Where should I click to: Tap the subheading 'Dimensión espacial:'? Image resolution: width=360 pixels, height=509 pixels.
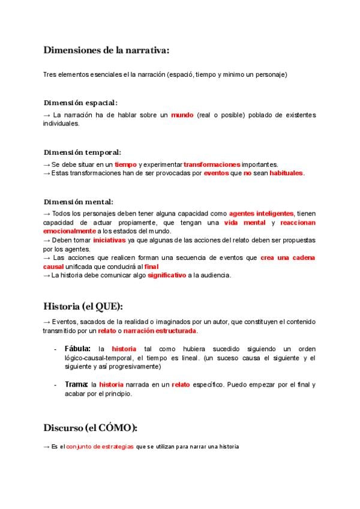click(80, 103)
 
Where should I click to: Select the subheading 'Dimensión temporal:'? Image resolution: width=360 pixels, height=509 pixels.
click(82, 152)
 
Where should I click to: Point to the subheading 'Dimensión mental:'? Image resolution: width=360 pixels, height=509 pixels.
click(78, 202)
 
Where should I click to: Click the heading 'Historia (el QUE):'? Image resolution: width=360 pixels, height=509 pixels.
click(83, 306)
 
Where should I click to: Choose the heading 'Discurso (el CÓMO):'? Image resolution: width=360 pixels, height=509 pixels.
click(90, 428)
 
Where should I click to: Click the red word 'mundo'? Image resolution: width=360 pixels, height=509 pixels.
click(182, 115)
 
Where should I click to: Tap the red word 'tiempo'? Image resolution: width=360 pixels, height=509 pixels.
click(125, 164)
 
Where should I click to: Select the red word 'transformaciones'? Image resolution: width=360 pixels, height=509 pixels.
click(212, 164)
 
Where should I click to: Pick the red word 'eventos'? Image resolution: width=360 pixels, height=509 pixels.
click(216, 173)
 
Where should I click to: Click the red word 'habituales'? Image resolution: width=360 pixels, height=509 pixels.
click(286, 173)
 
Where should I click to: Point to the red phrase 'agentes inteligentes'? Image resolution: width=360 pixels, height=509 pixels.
click(261, 214)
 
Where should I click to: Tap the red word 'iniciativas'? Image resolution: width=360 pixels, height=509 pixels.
click(109, 239)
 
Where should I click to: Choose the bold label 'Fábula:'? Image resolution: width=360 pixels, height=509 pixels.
click(77, 349)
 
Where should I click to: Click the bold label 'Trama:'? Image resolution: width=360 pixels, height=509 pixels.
click(76, 384)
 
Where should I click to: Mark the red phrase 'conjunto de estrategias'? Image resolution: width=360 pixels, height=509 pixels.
click(100, 447)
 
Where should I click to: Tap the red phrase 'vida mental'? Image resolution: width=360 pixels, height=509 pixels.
click(245, 223)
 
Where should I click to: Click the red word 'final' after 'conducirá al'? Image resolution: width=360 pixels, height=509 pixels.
click(151, 267)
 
